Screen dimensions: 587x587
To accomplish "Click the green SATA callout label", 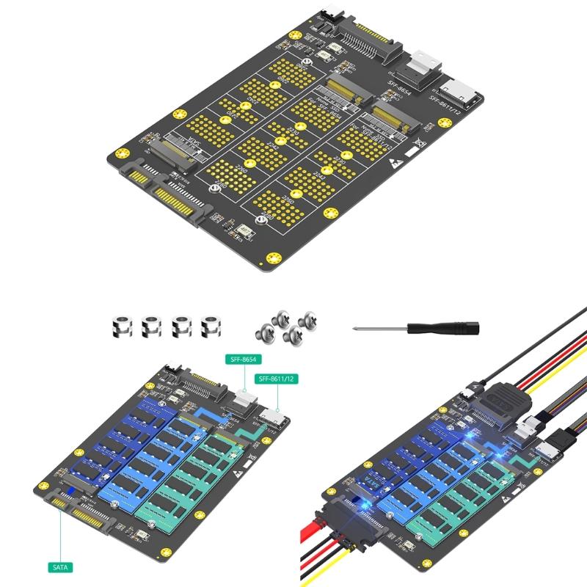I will pyautogui.click(x=58, y=566).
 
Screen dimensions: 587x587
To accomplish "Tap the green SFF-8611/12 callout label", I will pyautogui.click(x=274, y=379).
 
